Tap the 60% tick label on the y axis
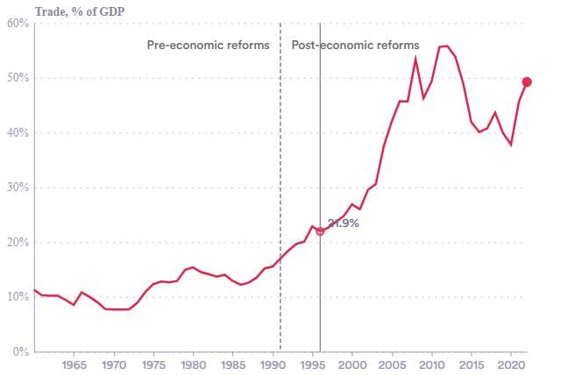[18, 24]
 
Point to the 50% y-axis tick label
[18, 78]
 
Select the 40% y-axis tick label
[18, 133]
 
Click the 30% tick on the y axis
[18, 187]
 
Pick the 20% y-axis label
[18, 243]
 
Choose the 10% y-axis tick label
[18, 297]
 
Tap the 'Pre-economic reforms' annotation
[208, 45]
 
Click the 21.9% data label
[343, 223]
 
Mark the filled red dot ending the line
[527, 82]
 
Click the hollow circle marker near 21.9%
[320, 231]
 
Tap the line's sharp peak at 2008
[415, 59]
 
